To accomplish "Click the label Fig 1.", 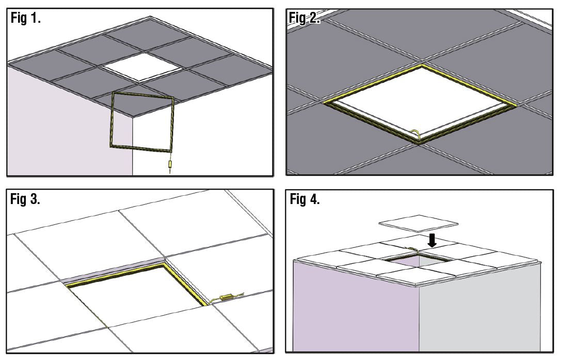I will coord(25,19).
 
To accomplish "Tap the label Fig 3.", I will coord(25,200).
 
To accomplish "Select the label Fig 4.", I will coord(304,200).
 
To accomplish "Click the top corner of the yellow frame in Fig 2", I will coord(423,66).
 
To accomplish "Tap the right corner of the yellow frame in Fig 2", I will coord(516,105).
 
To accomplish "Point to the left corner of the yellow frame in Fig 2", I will coord(325,102).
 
